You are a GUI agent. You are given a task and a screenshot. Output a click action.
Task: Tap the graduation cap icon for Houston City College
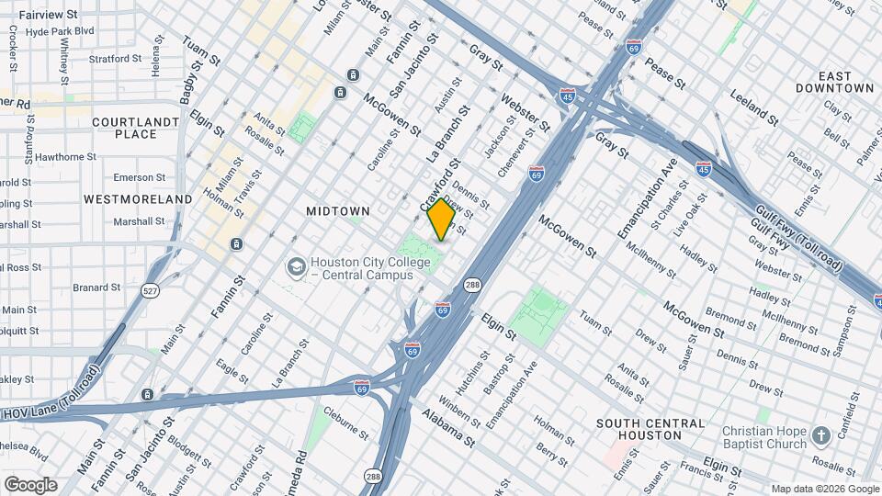coord(296,267)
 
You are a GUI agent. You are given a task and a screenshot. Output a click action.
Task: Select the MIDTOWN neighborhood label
coord(337,211)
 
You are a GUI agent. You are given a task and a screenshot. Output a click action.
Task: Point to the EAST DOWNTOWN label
coord(834,82)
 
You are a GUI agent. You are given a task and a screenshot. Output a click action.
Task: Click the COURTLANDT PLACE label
coord(136,128)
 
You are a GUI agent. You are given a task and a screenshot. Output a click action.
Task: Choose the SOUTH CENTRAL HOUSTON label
coord(650,429)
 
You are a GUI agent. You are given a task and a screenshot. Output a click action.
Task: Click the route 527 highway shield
coord(151,290)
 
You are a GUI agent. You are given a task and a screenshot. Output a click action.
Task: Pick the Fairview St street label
coord(46,15)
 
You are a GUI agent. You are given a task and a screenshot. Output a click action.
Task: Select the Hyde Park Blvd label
coord(61,30)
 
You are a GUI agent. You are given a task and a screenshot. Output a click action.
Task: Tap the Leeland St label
coord(753,107)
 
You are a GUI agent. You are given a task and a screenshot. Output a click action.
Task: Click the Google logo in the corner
coord(30,484)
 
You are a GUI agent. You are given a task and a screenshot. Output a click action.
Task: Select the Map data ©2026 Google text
coord(824,489)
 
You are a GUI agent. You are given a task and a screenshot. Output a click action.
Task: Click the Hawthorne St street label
coord(64,157)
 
